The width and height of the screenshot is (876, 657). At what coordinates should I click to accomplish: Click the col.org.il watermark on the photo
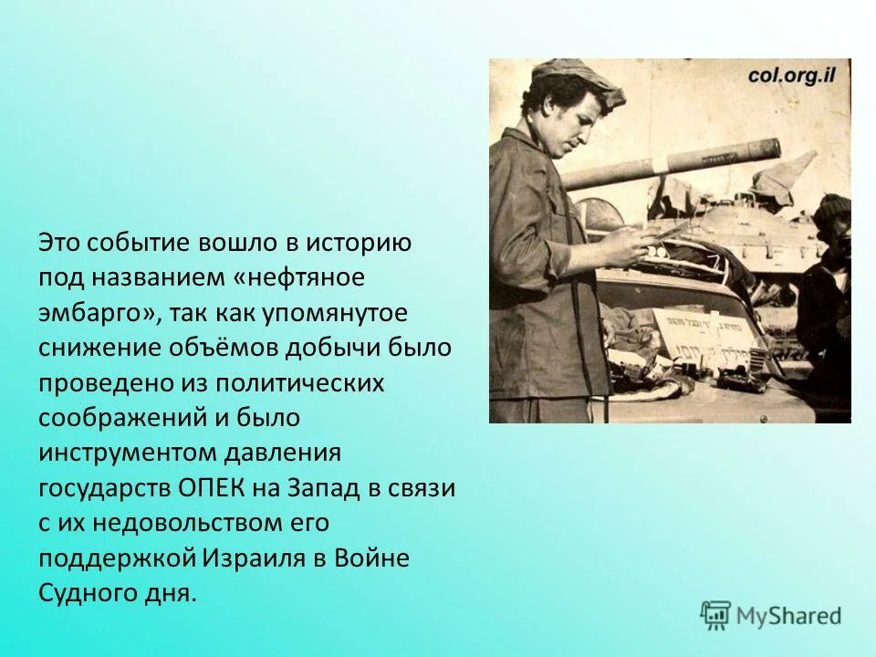point(792,76)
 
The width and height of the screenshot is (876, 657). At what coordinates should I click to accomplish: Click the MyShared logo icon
point(715,616)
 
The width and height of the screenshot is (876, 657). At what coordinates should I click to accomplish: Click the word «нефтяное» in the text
point(311,278)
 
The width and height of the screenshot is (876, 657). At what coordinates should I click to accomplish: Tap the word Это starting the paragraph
point(63,244)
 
